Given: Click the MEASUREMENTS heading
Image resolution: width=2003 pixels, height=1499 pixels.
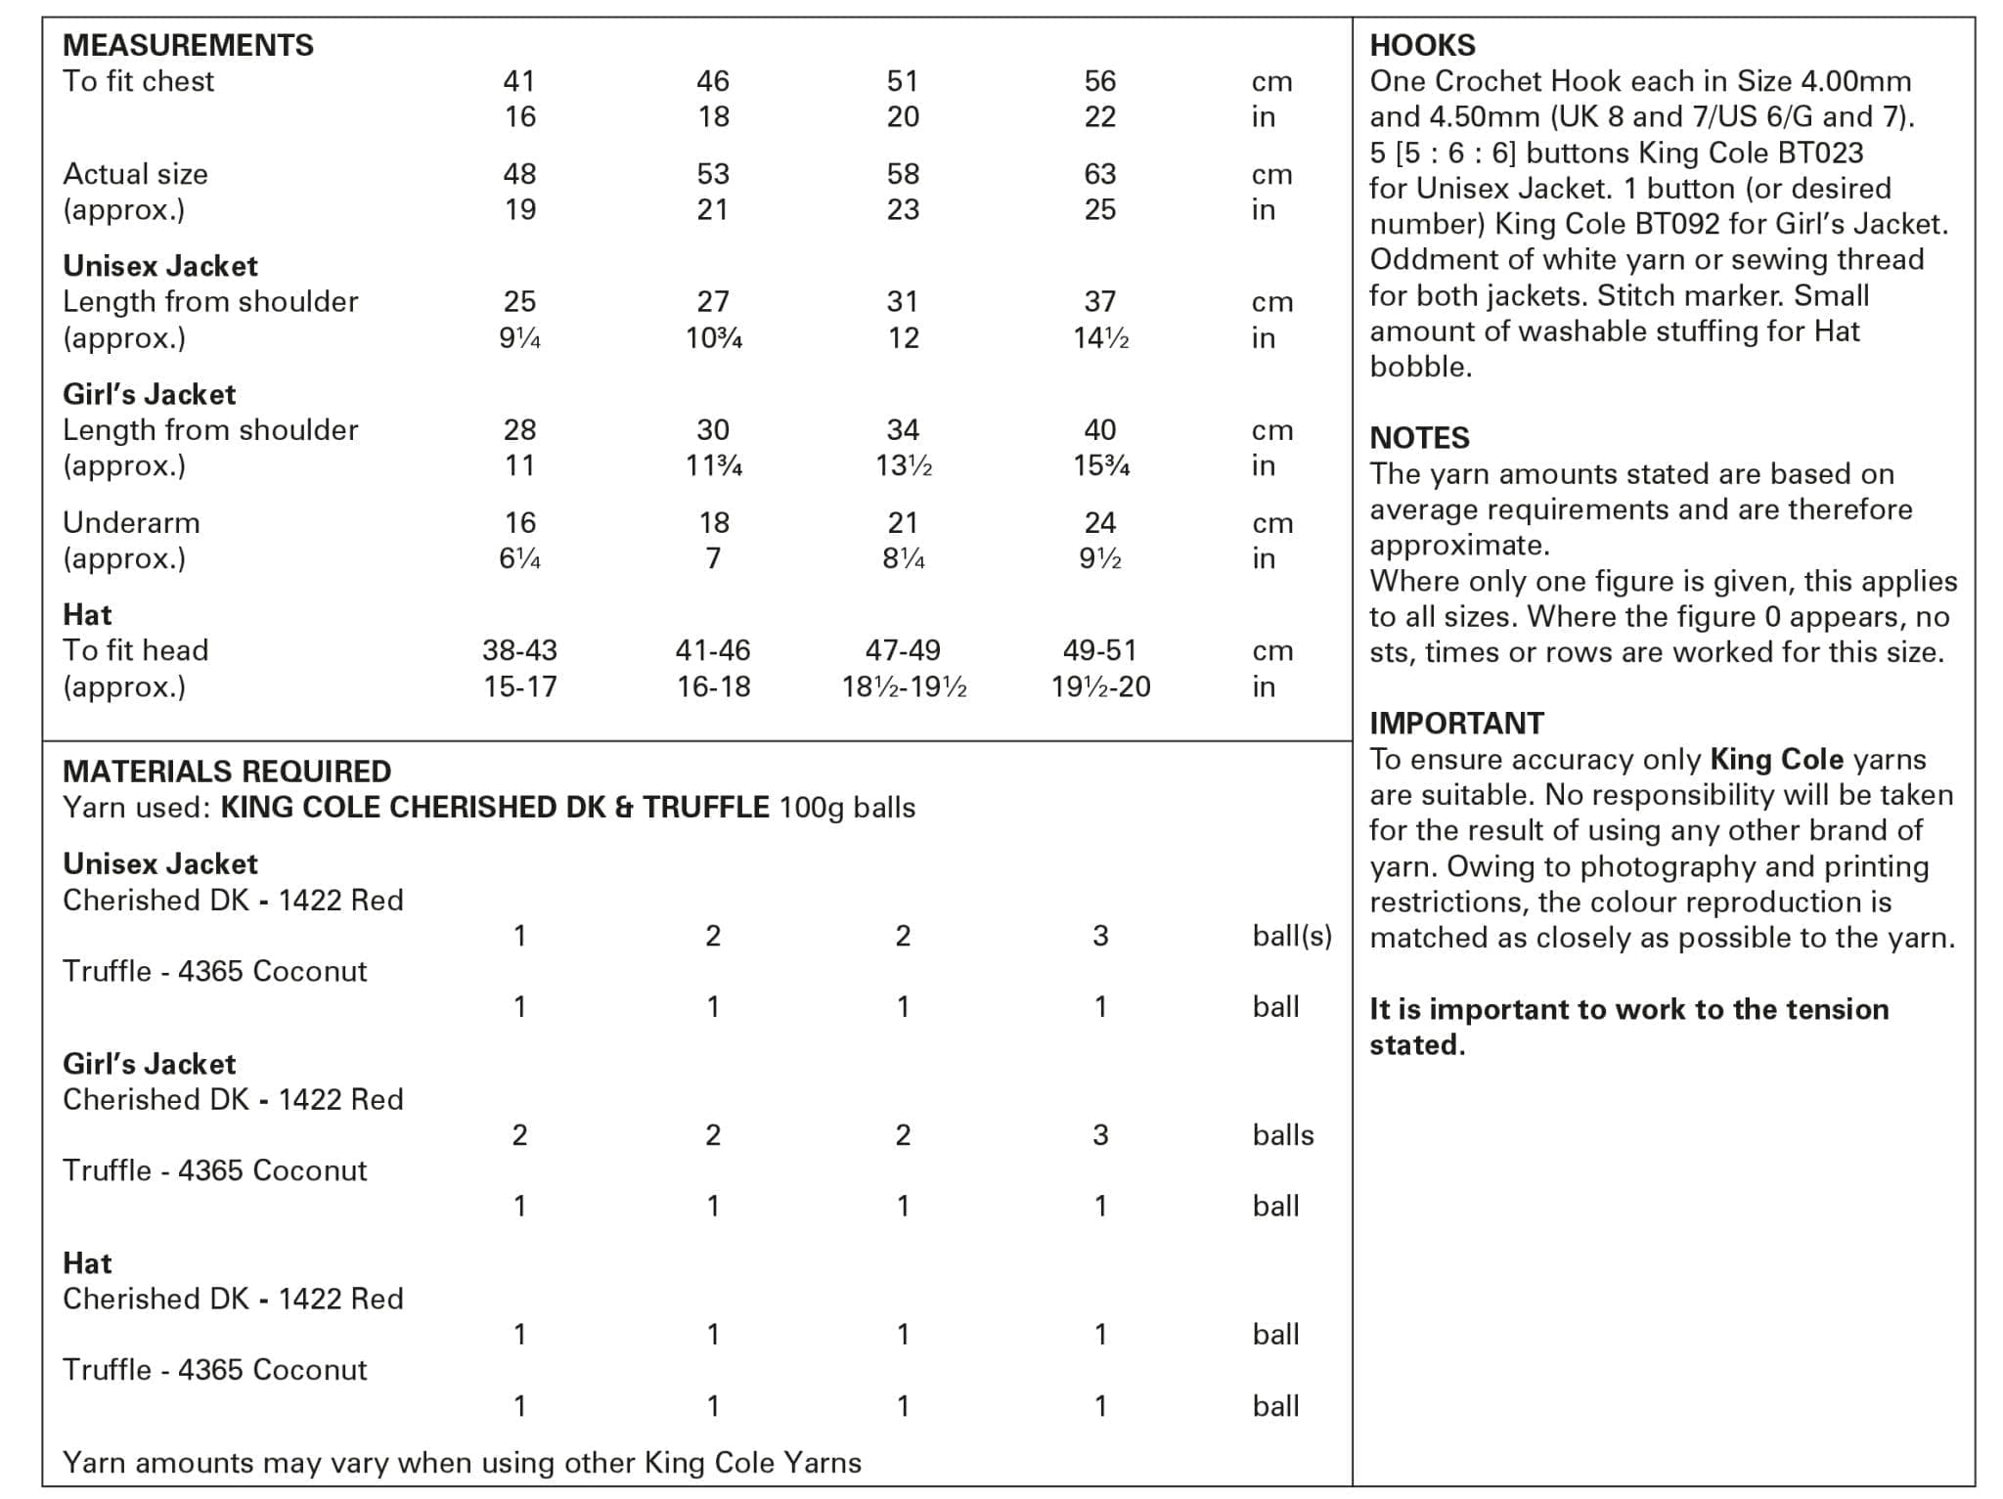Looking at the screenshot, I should click(x=188, y=45).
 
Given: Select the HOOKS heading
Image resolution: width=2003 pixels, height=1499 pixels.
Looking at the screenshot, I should click(x=1422, y=45).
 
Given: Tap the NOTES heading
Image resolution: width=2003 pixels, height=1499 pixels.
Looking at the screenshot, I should click(x=1419, y=437).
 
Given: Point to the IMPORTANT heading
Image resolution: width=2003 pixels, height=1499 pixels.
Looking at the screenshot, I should click(x=1456, y=723).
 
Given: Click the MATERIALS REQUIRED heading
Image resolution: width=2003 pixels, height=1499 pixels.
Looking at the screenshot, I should click(x=227, y=772).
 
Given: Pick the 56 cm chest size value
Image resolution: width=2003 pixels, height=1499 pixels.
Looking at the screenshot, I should click(x=1099, y=81).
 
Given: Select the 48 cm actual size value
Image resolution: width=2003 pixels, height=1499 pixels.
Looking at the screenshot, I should click(x=519, y=174).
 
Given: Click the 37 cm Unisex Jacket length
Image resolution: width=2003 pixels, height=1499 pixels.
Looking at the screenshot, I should click(x=1099, y=301).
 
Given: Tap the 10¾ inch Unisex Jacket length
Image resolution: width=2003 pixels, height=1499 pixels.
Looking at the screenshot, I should click(x=713, y=338).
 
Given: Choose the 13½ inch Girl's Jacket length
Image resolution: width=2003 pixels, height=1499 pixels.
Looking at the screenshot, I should click(x=903, y=465).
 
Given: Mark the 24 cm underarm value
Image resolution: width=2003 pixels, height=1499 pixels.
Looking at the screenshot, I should click(x=1099, y=522).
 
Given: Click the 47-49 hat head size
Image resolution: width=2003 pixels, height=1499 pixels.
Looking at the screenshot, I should click(x=903, y=650).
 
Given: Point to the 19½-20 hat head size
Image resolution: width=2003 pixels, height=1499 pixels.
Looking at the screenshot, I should click(x=1100, y=686).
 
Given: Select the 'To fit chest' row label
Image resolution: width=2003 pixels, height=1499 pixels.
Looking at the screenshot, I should click(x=138, y=81).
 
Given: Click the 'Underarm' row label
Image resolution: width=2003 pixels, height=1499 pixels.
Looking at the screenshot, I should click(x=131, y=522).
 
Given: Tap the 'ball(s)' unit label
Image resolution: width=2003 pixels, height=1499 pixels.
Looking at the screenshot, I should click(x=1292, y=936).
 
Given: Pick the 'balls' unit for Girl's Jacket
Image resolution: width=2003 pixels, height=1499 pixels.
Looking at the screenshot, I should click(x=1283, y=1135).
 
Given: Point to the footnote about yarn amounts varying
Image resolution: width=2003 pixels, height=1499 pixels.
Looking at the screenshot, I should click(x=462, y=1463).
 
